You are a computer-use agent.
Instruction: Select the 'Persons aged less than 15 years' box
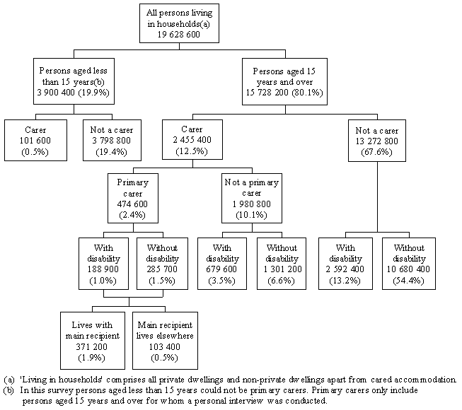click(73, 82)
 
